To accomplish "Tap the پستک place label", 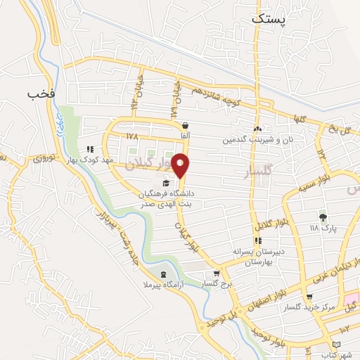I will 270,20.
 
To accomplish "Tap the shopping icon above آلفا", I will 185,126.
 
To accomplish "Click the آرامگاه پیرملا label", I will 165,287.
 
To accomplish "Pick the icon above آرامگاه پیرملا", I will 164,275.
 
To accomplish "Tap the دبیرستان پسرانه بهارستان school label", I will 257,256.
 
